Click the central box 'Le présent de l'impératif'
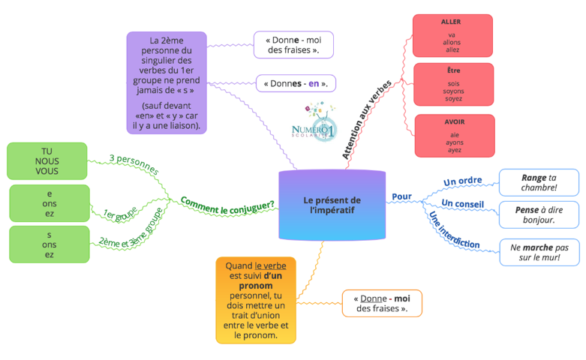pos(332,205)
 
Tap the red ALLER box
pos(452,36)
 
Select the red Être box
pos(454,85)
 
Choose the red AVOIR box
pos(455,136)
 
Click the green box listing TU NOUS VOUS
pos(47,161)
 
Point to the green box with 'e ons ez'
pos(50,203)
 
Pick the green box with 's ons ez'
pos(50,244)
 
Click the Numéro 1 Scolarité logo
pos(314,121)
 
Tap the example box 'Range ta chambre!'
pos(539,182)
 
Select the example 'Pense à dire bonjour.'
pos(539,214)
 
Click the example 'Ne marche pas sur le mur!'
pos(539,253)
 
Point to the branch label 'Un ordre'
pos(463,181)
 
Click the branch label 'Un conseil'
pos(463,203)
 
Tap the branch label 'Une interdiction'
pos(454,230)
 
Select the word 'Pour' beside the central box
pos(401,196)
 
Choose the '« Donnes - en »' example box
pos(296,83)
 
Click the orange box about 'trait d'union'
pos(256,300)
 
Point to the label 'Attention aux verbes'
pos(367,119)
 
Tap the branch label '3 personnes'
pos(134,164)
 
